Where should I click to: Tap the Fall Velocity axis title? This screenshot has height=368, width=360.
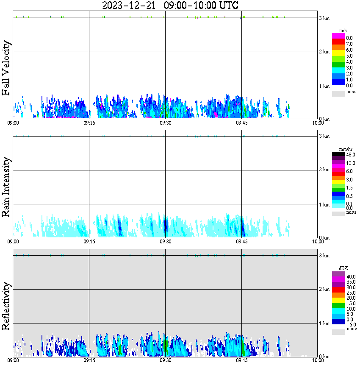click(x=6, y=68)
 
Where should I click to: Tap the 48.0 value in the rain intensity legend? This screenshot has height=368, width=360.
click(x=350, y=155)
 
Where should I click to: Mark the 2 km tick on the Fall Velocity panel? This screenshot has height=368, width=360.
click(x=324, y=52)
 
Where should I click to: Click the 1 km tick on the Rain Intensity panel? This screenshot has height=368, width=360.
click(x=324, y=205)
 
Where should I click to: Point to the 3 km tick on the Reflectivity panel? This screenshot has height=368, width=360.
click(x=324, y=256)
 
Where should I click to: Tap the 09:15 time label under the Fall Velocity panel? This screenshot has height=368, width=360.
click(x=89, y=123)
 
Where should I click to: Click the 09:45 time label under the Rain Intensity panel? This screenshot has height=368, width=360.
click(x=241, y=241)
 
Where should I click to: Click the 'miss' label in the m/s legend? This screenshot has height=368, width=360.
click(x=351, y=92)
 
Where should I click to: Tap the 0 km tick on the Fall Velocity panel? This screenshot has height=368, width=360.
click(x=324, y=119)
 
